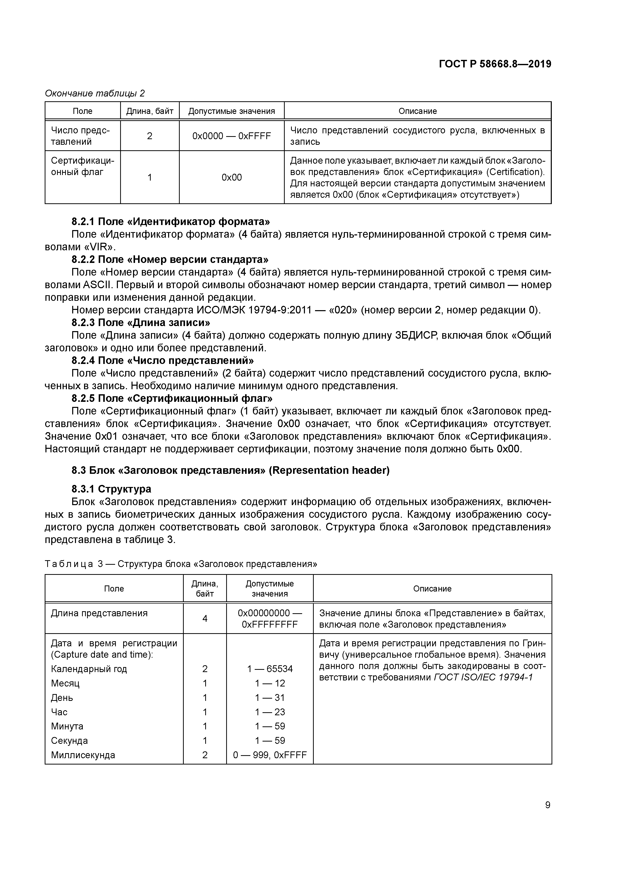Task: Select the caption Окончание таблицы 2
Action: coord(95,93)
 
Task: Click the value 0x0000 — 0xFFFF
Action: coord(231,136)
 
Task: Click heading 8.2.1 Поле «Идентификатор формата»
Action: coord(170,221)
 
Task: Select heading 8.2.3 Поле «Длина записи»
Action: coord(141,322)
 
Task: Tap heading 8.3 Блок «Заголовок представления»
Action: coord(230,470)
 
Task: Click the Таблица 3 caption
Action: coord(180,564)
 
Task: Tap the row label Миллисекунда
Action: coord(83,755)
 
